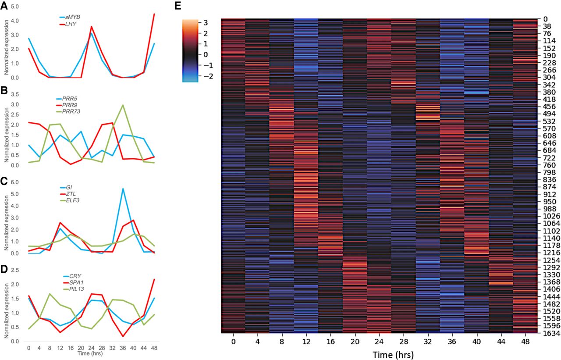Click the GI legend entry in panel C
69,188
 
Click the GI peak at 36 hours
123,189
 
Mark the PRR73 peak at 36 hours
123,105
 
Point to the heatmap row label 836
547,180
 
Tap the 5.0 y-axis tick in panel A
15,7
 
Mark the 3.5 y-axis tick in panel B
15,94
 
